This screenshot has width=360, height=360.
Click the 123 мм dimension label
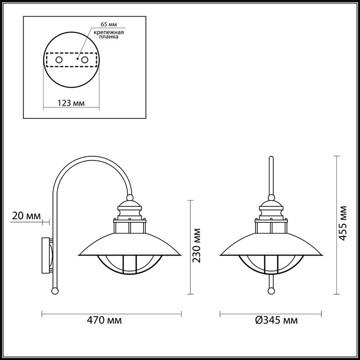click(71, 102)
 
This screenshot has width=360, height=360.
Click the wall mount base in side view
click(46, 255)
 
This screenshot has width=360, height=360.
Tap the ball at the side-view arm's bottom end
click(54, 291)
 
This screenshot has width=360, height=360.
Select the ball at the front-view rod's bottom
click(271, 291)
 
